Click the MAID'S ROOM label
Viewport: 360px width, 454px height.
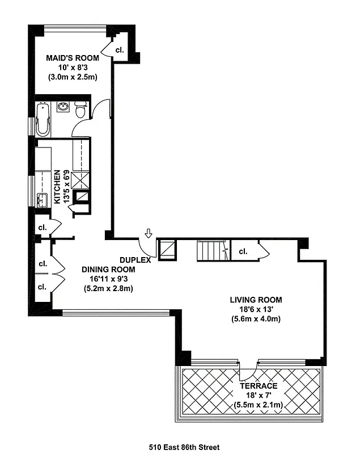[x=72, y=58]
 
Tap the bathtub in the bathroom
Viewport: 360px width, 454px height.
[x=43, y=119]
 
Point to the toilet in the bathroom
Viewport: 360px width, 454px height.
[x=81, y=110]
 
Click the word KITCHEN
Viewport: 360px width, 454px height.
[x=57, y=187]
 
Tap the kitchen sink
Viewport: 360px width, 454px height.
[x=41, y=200]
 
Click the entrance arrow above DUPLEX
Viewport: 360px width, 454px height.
[x=149, y=233]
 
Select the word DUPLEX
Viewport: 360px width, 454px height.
[x=135, y=260]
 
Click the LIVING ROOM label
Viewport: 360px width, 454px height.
[x=256, y=300]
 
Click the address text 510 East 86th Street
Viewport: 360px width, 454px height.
[x=180, y=447]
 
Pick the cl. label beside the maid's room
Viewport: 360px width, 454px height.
[x=120, y=50]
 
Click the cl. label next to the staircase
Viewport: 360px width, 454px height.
[x=243, y=251]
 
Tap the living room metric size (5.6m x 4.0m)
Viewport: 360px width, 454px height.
[x=256, y=318]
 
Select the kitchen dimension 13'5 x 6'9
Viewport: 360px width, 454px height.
[x=66, y=187]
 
